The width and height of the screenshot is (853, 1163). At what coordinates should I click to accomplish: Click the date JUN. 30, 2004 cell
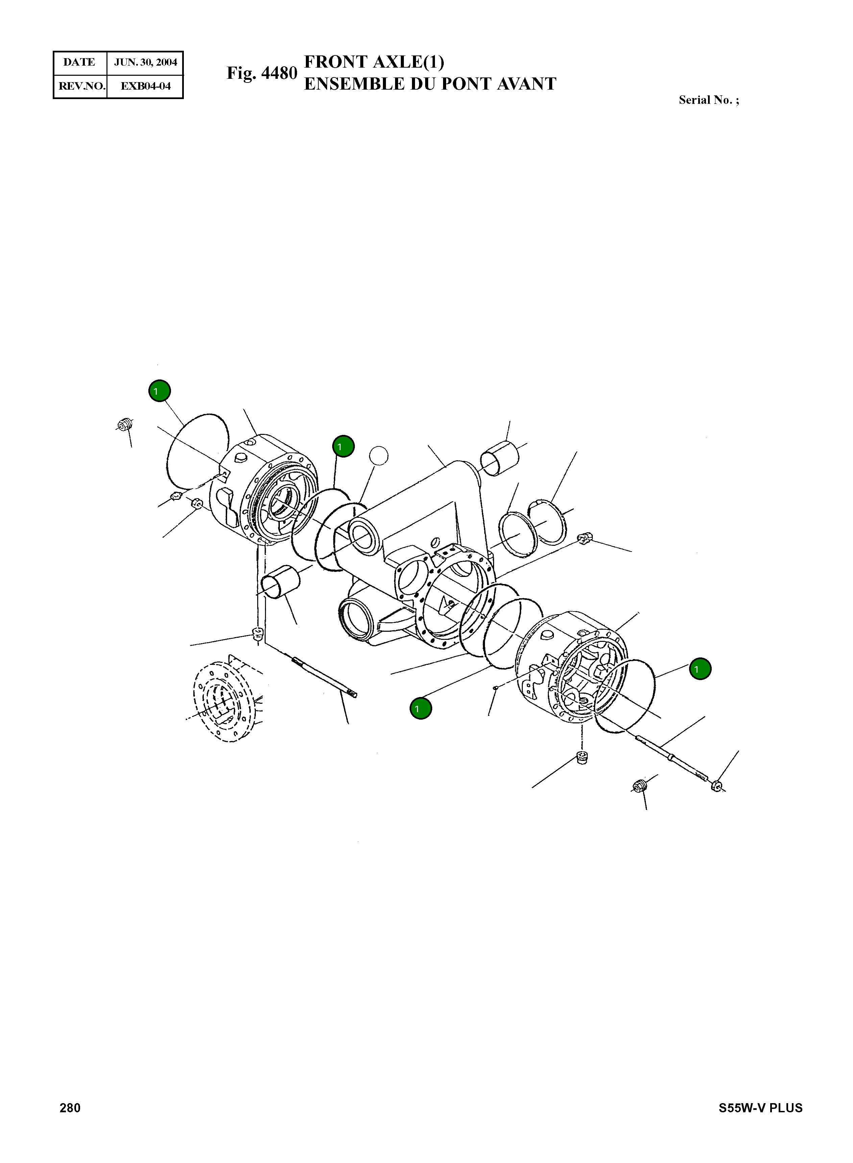click(145, 63)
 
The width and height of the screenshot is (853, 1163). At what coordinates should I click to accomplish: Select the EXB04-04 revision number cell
click(145, 86)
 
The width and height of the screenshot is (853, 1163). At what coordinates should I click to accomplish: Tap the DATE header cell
click(79, 63)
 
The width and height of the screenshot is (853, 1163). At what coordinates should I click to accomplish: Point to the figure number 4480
click(279, 73)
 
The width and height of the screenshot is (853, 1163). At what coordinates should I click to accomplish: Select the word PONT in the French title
click(465, 84)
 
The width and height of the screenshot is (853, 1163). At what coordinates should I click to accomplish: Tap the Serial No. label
click(708, 100)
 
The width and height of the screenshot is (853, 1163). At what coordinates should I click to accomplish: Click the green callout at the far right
click(700, 669)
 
